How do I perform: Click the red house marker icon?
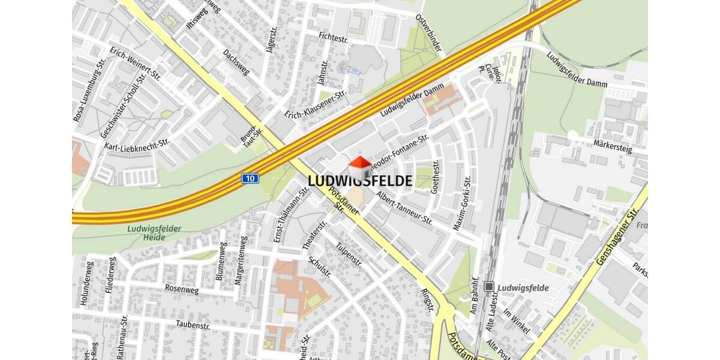(360, 167)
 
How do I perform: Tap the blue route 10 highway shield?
(250, 178)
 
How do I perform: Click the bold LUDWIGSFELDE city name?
(360, 181)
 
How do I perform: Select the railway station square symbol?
(490, 287)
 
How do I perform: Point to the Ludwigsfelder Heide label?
(146, 233)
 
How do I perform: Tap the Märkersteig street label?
(612, 147)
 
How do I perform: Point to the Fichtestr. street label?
(333, 37)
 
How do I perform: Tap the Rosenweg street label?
(181, 289)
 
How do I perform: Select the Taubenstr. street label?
(193, 325)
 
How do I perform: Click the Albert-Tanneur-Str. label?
(404, 208)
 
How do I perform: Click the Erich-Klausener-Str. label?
(316, 104)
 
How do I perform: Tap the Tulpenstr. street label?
(349, 254)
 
